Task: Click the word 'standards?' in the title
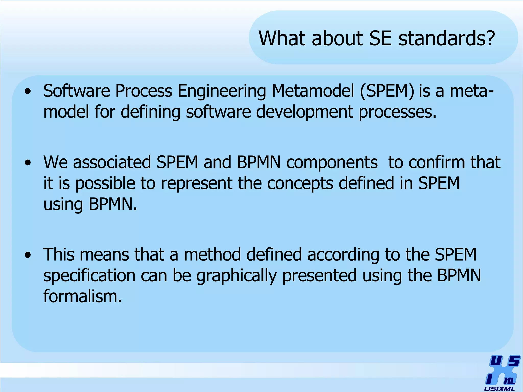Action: [447, 38]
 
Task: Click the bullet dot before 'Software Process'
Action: [28, 91]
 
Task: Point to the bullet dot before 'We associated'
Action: [28, 163]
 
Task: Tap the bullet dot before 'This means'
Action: [28, 255]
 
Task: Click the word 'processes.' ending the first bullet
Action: [398, 112]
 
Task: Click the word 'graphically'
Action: [236, 276]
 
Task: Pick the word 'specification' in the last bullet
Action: [89, 276]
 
